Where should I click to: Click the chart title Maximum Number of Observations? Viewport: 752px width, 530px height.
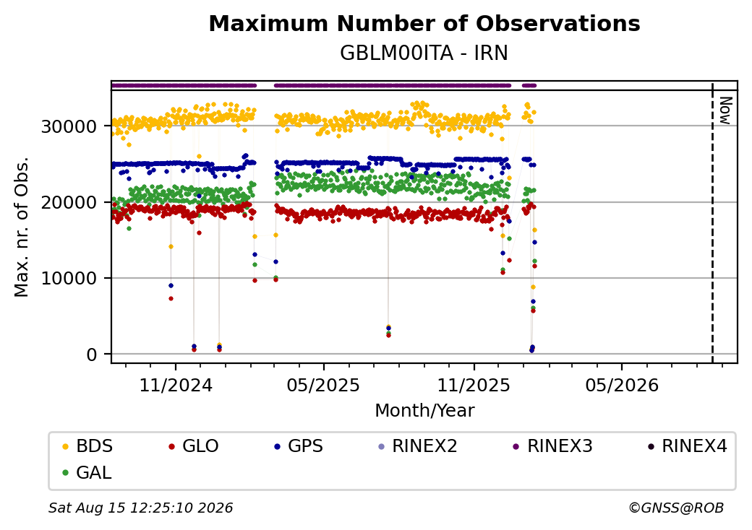424,23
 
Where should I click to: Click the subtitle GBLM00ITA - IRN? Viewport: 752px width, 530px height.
424,53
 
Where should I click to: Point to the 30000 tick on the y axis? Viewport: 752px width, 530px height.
69,126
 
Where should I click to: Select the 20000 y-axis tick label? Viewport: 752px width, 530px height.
69,202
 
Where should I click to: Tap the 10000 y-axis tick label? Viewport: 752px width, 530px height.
69,278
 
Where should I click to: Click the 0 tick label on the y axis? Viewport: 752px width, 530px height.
92,355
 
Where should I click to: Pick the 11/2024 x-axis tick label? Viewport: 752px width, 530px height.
176,385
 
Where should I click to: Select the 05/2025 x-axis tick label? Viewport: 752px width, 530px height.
323,385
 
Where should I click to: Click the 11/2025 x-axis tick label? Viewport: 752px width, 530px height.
474,385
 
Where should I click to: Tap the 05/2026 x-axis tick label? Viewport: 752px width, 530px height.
622,385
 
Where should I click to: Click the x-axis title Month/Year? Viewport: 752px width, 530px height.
424,411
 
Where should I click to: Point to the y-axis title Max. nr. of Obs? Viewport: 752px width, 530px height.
22,227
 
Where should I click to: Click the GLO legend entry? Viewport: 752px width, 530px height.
194,446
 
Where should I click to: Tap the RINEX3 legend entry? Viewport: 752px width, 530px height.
552,446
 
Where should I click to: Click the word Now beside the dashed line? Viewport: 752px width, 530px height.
726,110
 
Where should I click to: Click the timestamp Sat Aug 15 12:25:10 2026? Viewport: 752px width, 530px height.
140,508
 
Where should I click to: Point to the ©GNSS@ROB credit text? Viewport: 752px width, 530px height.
676,508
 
